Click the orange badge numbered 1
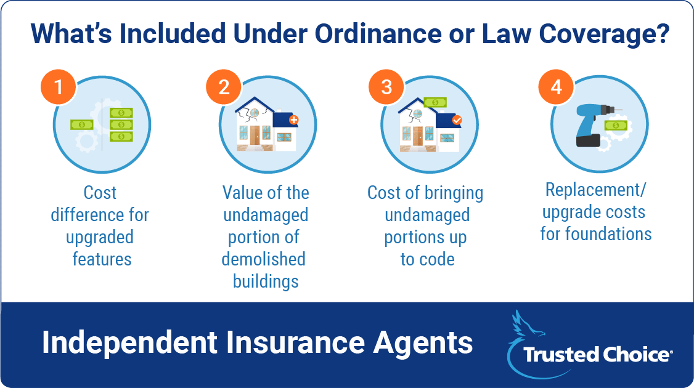point(59,87)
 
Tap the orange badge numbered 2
point(224,87)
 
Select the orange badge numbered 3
point(386,87)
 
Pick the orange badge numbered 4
point(557,87)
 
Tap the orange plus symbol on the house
point(294,119)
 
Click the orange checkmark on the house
point(457,119)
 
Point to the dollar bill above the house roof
point(435,103)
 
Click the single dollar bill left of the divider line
point(82,125)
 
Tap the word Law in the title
point(507,34)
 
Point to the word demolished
point(264,259)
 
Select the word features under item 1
point(102,259)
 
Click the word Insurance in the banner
point(295,343)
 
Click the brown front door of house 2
point(255,135)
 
